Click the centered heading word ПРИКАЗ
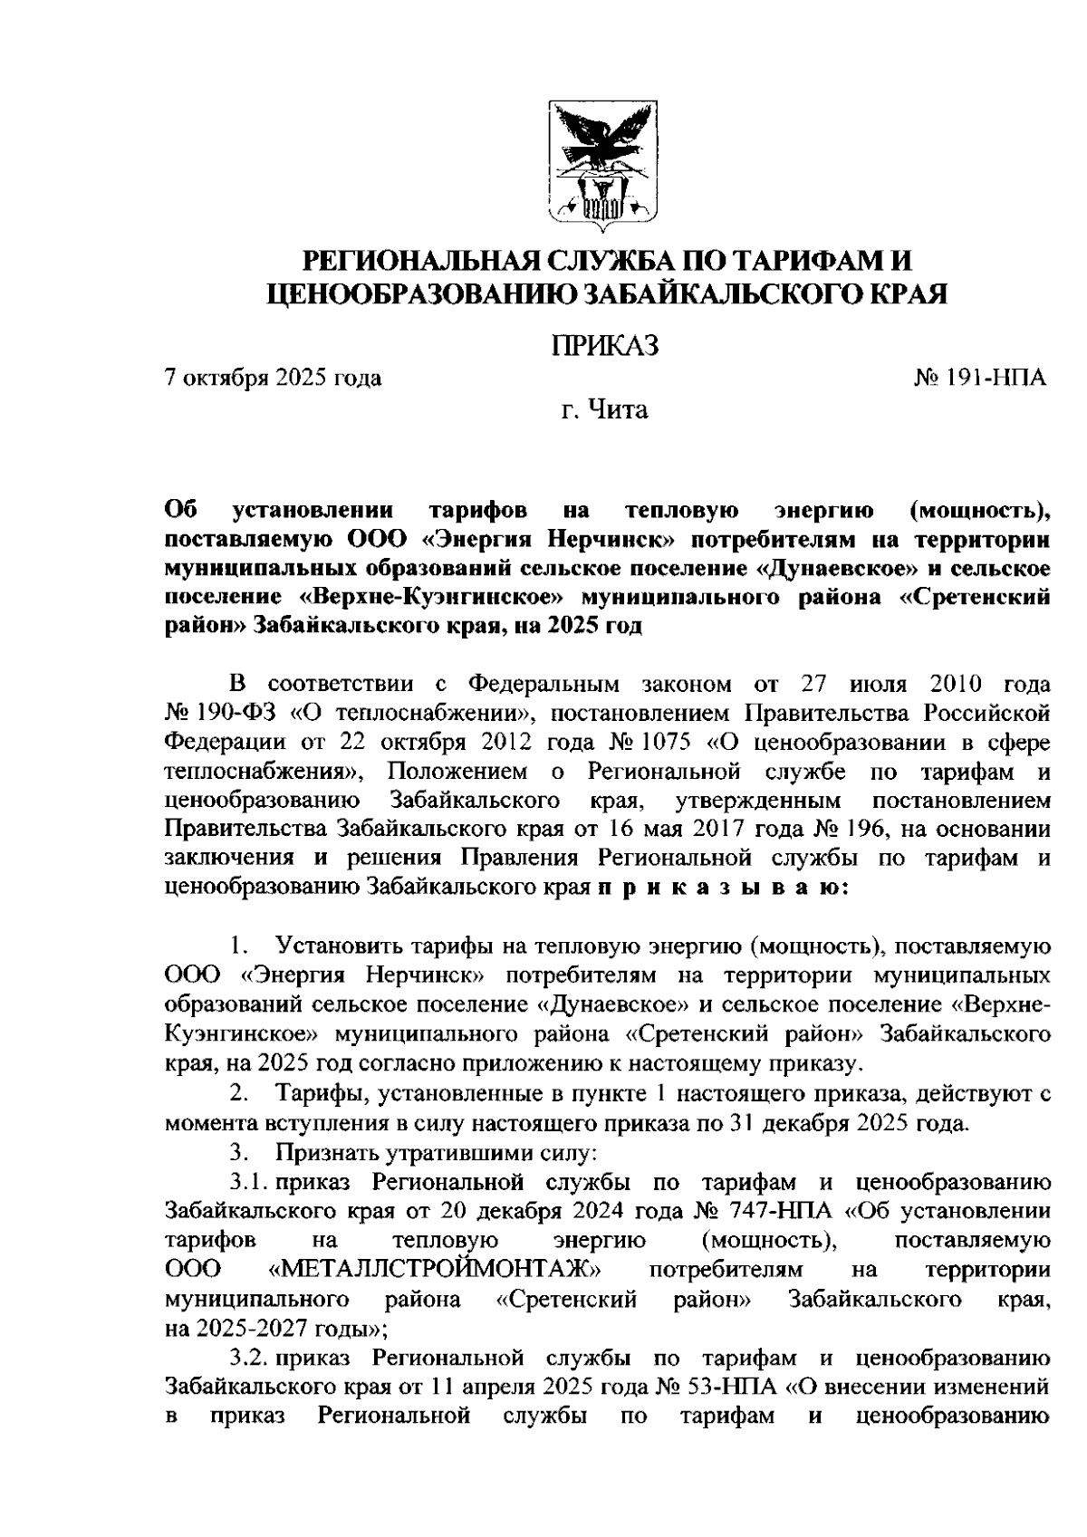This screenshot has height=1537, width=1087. [x=605, y=346]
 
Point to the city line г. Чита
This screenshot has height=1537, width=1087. [x=604, y=410]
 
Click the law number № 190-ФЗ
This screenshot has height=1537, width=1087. [x=223, y=712]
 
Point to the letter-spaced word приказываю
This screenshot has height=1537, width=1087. [x=722, y=888]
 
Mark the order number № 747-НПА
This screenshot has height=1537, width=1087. [x=764, y=1211]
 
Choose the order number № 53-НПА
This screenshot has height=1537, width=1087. [x=726, y=1387]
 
